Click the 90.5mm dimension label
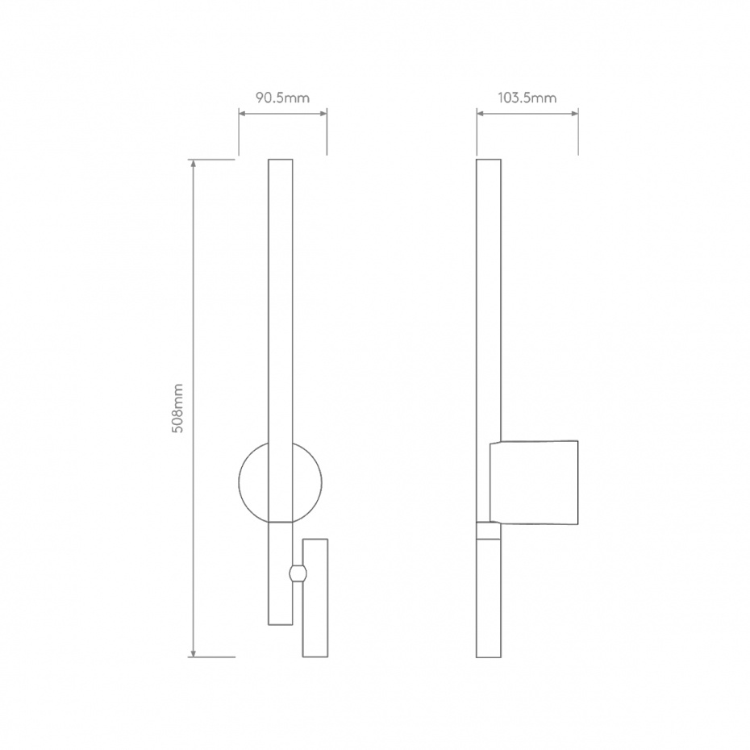[x=282, y=98]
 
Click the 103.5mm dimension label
[x=527, y=98]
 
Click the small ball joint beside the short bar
[x=297, y=574]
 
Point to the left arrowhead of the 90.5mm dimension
[x=241, y=114]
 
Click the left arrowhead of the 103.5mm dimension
[x=479, y=114]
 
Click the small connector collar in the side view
[x=489, y=531]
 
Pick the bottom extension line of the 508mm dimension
[x=213, y=657]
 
